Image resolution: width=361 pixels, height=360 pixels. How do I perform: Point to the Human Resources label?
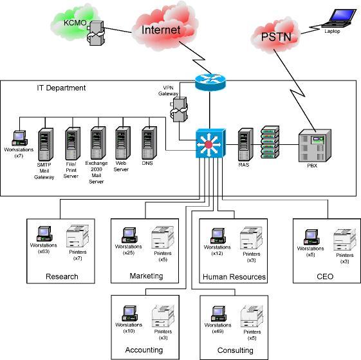pos(234,277)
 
